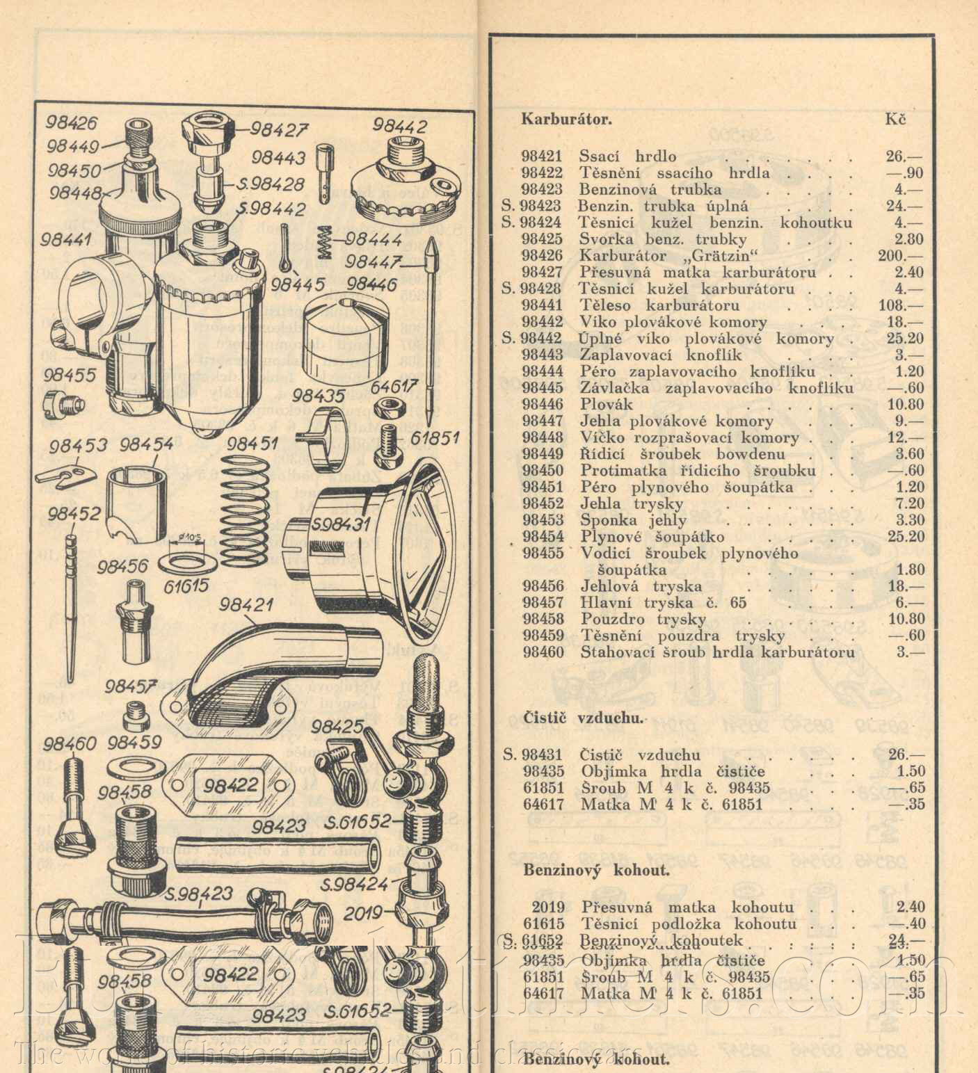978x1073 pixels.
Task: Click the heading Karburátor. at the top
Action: [567, 119]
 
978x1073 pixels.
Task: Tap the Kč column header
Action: [896, 119]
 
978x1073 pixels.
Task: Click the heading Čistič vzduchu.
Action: [584, 718]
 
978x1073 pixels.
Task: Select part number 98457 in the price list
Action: [543, 603]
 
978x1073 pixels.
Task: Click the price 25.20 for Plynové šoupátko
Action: [906, 536]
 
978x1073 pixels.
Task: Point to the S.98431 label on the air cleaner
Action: [342, 523]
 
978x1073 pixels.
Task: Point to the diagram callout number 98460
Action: [70, 743]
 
